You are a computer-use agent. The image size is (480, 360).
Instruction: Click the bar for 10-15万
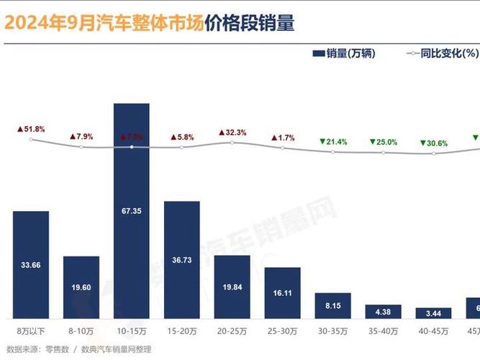[x=132, y=210]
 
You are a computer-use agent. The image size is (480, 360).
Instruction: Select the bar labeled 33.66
[x=31, y=264]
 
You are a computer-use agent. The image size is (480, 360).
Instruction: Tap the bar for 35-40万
[x=383, y=311]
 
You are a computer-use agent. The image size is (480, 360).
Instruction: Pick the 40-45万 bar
[x=433, y=313]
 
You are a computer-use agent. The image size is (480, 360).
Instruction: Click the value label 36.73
[x=182, y=259]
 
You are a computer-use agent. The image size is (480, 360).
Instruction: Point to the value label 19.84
[x=232, y=287]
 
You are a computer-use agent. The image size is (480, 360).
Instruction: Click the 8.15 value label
[x=332, y=305]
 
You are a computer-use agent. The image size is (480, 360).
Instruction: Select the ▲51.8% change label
[x=31, y=129]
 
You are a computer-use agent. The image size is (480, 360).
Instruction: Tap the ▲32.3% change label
[x=232, y=132]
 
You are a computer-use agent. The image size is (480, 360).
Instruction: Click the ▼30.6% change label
[x=433, y=143]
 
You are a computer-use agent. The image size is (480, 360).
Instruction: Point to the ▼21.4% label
[x=332, y=142]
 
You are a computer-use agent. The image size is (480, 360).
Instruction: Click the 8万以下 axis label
[x=31, y=331]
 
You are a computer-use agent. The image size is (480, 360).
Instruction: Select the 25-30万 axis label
[x=282, y=331]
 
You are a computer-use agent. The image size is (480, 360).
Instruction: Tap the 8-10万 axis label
[x=81, y=331]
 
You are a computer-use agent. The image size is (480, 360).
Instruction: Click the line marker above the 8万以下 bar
[x=31, y=139]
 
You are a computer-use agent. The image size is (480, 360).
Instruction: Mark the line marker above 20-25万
[x=232, y=143]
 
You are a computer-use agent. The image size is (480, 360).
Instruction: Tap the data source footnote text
[x=79, y=349]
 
